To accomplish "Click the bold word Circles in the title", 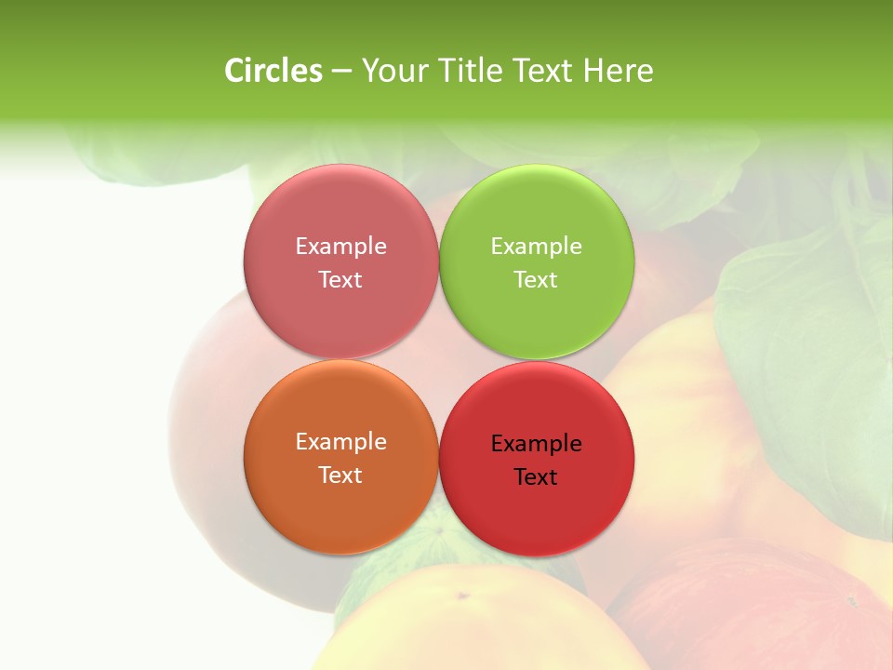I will (x=273, y=71).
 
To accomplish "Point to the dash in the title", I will (x=340, y=72).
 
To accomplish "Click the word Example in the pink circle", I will (x=340, y=247).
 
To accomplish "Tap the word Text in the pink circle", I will (x=340, y=280).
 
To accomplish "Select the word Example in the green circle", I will (x=536, y=247).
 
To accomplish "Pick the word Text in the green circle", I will (x=536, y=280).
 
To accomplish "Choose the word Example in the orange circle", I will (x=340, y=442).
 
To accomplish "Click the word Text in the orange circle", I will (x=340, y=476).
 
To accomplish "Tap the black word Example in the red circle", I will (x=536, y=444).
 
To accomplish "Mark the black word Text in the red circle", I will (x=536, y=477).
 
